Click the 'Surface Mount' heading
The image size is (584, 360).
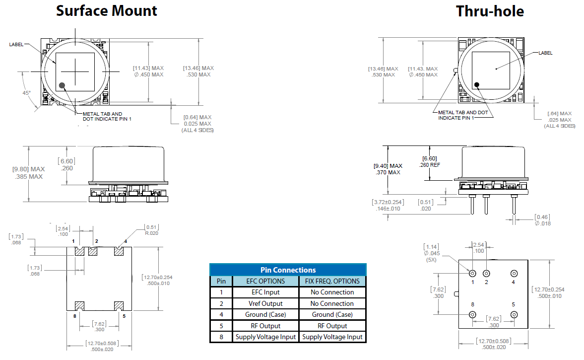(x=106, y=10)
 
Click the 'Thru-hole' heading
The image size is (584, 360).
(x=489, y=11)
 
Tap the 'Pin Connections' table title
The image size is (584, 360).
(x=288, y=270)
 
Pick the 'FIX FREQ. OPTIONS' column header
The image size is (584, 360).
(x=332, y=281)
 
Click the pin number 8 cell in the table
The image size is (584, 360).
(x=221, y=337)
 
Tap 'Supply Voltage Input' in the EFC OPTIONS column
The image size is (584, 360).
(x=265, y=337)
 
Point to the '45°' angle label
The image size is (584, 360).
(x=26, y=93)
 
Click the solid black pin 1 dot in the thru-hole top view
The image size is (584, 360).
(x=477, y=84)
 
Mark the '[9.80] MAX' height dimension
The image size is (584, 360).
(x=28, y=169)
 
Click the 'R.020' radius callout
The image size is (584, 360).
(x=152, y=233)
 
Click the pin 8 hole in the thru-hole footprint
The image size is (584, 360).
(x=472, y=315)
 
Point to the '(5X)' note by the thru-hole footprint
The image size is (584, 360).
(x=431, y=260)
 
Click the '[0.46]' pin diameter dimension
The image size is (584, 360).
(x=542, y=217)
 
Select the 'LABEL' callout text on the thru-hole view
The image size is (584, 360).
(x=545, y=53)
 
